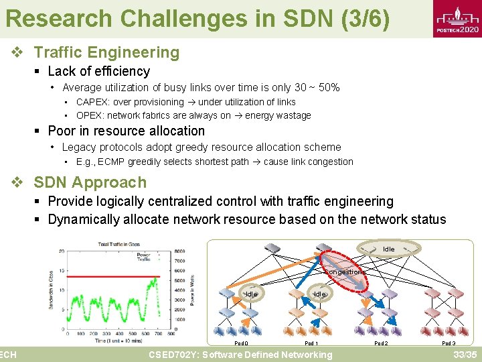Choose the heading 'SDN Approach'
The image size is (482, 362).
point(90,182)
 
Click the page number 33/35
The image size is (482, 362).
point(465,355)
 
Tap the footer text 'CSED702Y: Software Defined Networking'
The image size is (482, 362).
point(240,355)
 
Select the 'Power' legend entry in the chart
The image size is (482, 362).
point(143,254)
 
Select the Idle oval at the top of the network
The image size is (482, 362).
point(388,249)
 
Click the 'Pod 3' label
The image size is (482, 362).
point(449,343)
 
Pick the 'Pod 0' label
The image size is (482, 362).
point(241,343)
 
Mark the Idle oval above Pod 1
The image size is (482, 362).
point(319,294)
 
